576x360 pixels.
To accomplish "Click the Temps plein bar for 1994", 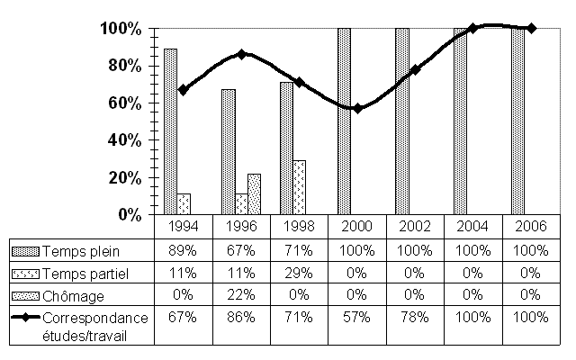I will point(170,131).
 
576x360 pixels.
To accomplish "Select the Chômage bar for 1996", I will point(254,194).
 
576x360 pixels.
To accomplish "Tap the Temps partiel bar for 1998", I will point(299,187).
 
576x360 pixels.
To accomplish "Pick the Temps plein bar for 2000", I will point(344,121).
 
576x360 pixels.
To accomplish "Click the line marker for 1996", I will point(241,54).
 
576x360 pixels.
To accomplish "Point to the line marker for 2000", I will point(357,108).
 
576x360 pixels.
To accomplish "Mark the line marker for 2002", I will point(415,69).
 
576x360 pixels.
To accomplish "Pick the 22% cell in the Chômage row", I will point(241,295).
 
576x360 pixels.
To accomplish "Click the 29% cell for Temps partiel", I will point(299,272).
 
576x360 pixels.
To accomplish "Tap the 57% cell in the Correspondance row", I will point(357,318).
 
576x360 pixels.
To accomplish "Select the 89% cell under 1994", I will point(184,248).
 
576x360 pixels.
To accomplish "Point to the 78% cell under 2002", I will point(415,318).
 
